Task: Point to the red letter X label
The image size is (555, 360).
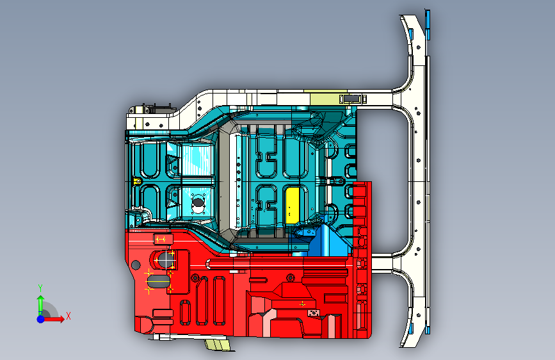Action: pos(68,315)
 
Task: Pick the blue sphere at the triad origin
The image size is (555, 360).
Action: pos(40,318)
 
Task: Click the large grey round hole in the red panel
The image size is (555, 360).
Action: pos(165,260)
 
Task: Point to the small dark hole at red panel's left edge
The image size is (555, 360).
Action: pos(135,265)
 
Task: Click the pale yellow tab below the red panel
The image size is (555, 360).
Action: pos(218,345)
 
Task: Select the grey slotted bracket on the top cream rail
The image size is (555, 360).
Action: pos(351,99)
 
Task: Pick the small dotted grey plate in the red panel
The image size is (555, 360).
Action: pos(314,312)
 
